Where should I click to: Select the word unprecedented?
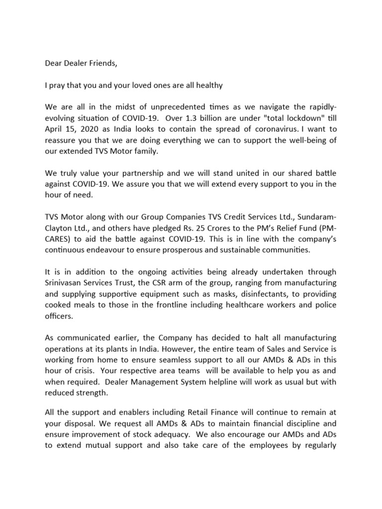(x=170, y=108)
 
